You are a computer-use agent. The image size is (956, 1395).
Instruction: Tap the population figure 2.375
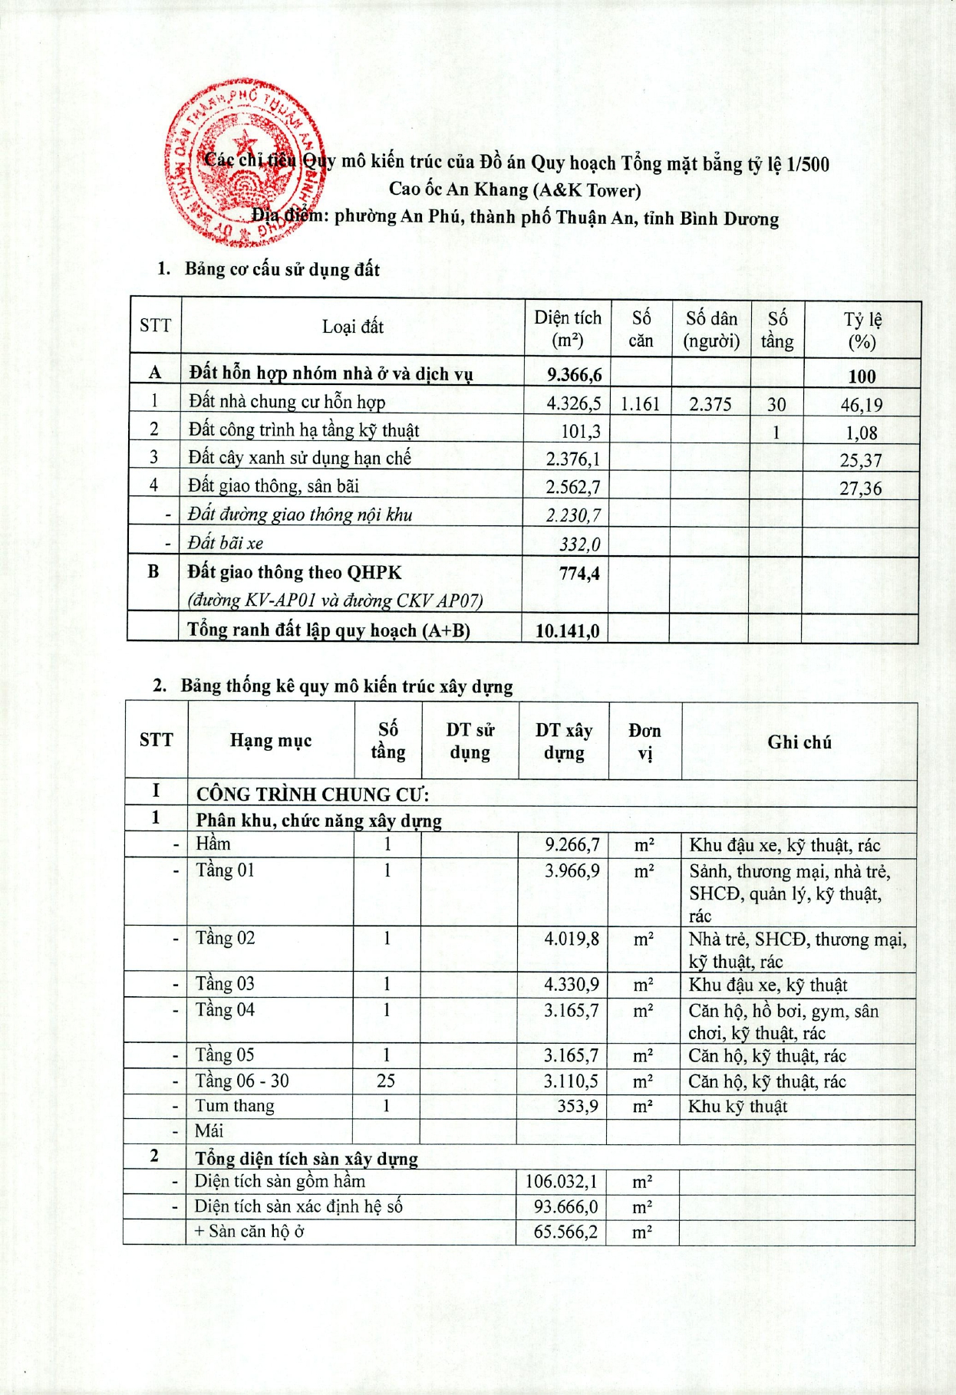pos(710,403)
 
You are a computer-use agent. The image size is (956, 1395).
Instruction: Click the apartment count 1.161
pos(640,403)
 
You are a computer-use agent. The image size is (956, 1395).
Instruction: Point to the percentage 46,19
pos(861,404)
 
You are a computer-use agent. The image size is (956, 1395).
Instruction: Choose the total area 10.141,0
pos(567,630)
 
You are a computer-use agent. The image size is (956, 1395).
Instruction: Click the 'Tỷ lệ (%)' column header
pos(862,330)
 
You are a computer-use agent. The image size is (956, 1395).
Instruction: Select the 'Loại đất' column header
pos(352,327)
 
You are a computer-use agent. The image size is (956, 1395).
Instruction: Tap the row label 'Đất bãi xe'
pos(226,543)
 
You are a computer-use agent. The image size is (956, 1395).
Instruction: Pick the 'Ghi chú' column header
pos(799,742)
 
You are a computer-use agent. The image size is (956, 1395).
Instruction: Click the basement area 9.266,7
pos(572,844)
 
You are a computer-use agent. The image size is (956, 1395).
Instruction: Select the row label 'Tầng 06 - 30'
pos(242,1081)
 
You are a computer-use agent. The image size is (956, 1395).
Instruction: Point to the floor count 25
pos(386,1081)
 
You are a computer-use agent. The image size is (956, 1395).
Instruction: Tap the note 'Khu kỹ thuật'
pos(737,1106)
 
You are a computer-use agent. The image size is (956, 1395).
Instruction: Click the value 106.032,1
pos(561,1181)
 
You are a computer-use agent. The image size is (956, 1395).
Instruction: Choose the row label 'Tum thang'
pos(234,1105)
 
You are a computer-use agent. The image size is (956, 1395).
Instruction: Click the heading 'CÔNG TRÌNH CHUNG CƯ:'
pos(312,794)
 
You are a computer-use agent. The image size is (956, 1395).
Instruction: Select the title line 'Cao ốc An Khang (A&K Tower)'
pos(514,189)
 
